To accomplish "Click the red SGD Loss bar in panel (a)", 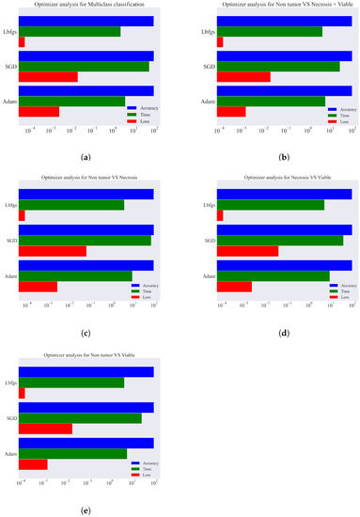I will [48, 77].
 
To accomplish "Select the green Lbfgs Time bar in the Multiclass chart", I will [69, 31].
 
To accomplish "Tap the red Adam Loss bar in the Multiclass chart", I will [39, 112].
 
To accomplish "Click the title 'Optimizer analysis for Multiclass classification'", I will [86, 6].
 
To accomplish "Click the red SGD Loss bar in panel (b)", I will [243, 77].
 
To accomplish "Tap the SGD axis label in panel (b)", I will [209, 67].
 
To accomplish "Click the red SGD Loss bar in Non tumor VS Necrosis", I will [52, 251].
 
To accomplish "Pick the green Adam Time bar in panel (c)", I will [75, 275].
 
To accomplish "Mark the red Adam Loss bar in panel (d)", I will [234, 286].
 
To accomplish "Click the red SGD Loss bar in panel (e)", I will [45, 429].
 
